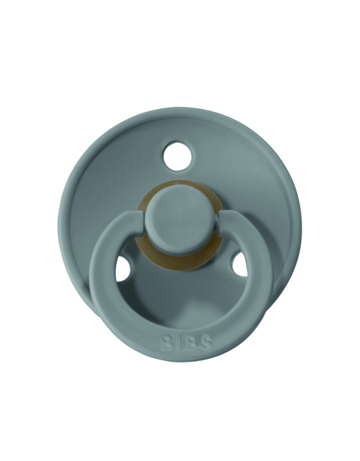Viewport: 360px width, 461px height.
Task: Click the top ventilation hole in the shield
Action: [178, 157]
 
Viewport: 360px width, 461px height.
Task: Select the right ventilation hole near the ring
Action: [240, 264]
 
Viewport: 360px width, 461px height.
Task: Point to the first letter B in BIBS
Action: [167, 342]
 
